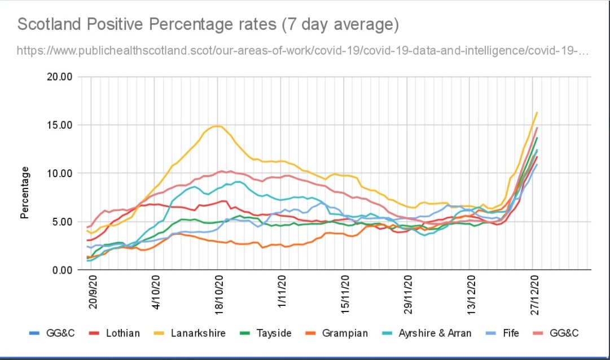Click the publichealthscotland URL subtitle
click(302, 51)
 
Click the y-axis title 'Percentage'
click(25, 192)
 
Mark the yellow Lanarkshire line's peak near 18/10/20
click(218, 126)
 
